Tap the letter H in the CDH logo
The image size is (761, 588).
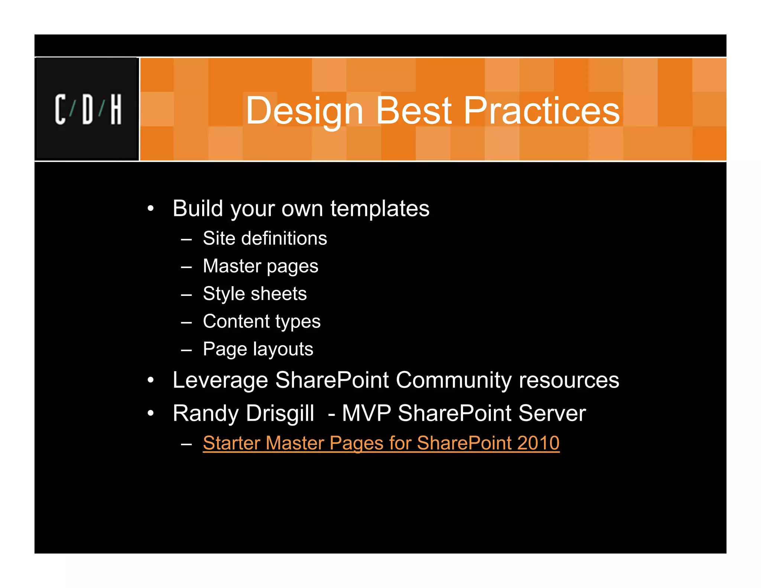[x=116, y=109]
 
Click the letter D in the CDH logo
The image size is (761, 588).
[x=88, y=109]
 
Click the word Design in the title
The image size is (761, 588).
[x=304, y=111]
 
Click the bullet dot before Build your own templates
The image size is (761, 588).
[x=150, y=209]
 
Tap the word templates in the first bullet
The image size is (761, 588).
[x=380, y=209]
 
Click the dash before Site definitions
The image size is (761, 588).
[x=186, y=239]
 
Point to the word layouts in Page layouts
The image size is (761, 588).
[x=283, y=349]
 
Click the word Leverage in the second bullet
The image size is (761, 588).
[x=220, y=380]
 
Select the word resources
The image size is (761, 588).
[x=569, y=380]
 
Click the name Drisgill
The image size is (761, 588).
[x=280, y=413]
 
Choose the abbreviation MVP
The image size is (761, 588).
[x=366, y=413]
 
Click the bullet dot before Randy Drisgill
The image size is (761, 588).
[x=150, y=413]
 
